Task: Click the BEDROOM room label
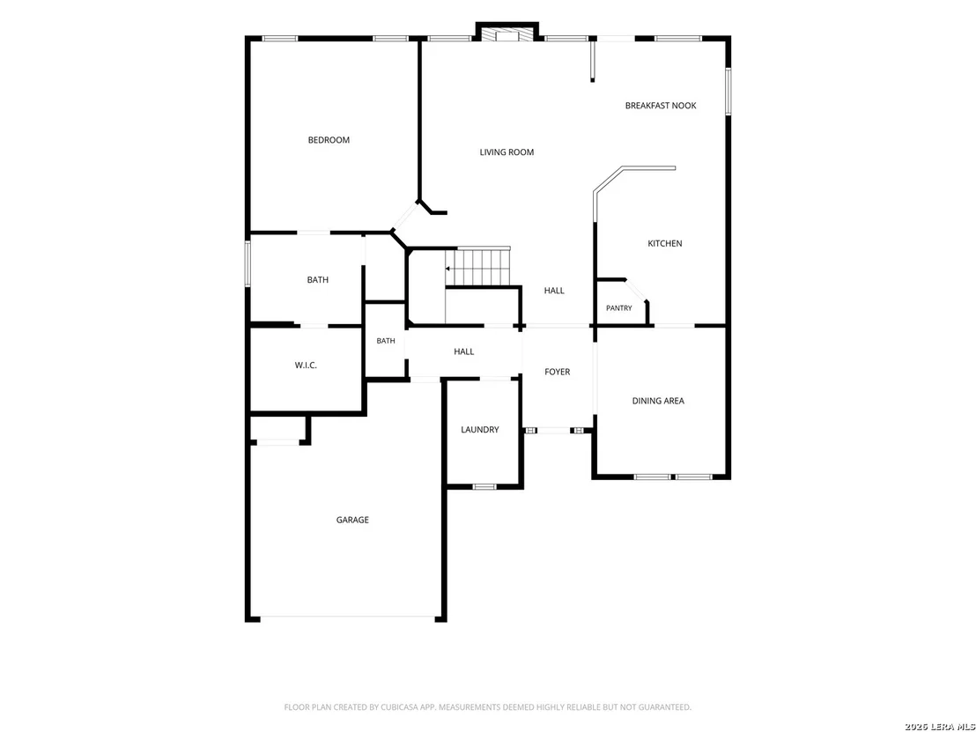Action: point(329,140)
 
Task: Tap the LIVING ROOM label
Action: point(506,152)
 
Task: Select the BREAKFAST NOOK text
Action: point(661,106)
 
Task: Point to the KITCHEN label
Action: point(665,243)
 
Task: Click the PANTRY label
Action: point(618,308)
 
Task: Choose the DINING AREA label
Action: point(658,401)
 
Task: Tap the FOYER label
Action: point(557,372)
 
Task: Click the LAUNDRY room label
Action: point(480,430)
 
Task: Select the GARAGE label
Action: point(352,520)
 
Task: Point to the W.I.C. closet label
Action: point(306,366)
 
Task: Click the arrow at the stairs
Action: point(447,269)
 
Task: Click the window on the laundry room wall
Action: point(484,486)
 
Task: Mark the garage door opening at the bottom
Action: point(347,618)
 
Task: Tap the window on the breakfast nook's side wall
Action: point(728,92)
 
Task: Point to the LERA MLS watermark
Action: point(951,727)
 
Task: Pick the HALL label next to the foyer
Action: point(463,351)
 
